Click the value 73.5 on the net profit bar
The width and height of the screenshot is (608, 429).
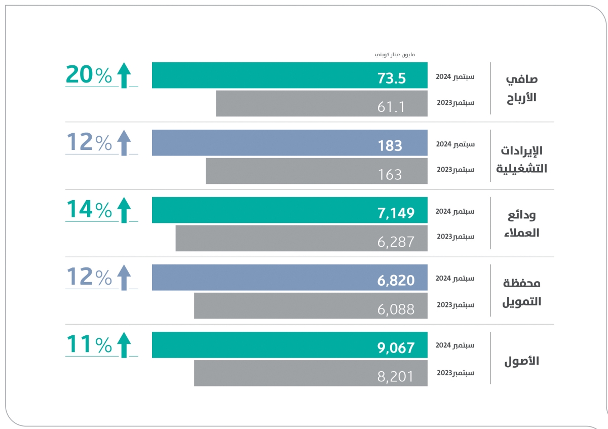[392, 79]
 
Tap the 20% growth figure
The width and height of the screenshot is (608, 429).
[89, 75]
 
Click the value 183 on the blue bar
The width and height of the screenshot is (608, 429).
[390, 146]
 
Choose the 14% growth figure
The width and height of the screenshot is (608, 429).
[89, 210]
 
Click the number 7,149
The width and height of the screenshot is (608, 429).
[396, 213]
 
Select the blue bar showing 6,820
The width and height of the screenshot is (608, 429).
[289, 278]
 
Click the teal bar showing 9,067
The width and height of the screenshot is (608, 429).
[289, 345]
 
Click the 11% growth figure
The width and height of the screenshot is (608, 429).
[89, 344]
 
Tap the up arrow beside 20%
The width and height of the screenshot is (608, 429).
[124, 75]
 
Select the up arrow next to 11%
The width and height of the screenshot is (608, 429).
[124, 345]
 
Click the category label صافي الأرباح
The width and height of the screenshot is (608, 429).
[521, 88]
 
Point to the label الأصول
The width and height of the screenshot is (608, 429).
[521, 361]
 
